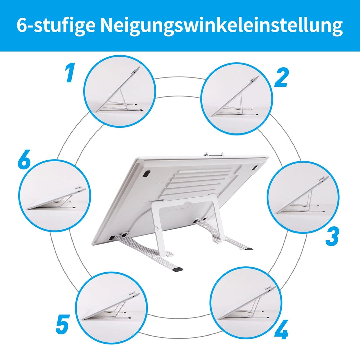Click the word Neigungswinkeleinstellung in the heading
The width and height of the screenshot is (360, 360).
tap(221, 25)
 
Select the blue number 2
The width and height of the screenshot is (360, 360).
tap(281, 77)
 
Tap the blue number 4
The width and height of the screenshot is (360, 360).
tap(281, 329)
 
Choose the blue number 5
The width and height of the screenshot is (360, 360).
tap(62, 324)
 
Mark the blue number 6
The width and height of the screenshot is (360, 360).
tap(24, 159)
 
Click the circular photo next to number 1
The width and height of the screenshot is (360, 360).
tap(120, 91)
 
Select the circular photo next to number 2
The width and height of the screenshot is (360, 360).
tap(236, 98)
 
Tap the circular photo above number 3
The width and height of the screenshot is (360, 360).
tap(303, 197)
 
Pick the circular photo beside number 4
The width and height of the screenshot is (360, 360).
tap(246, 303)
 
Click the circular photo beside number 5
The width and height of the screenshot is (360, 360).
tap(111, 308)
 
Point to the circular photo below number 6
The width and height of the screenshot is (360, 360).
tap(55, 196)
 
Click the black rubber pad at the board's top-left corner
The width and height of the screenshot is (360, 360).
tap(146, 173)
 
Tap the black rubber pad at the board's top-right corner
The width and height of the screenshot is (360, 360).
tap(254, 168)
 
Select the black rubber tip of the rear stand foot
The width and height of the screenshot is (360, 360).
tap(249, 248)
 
